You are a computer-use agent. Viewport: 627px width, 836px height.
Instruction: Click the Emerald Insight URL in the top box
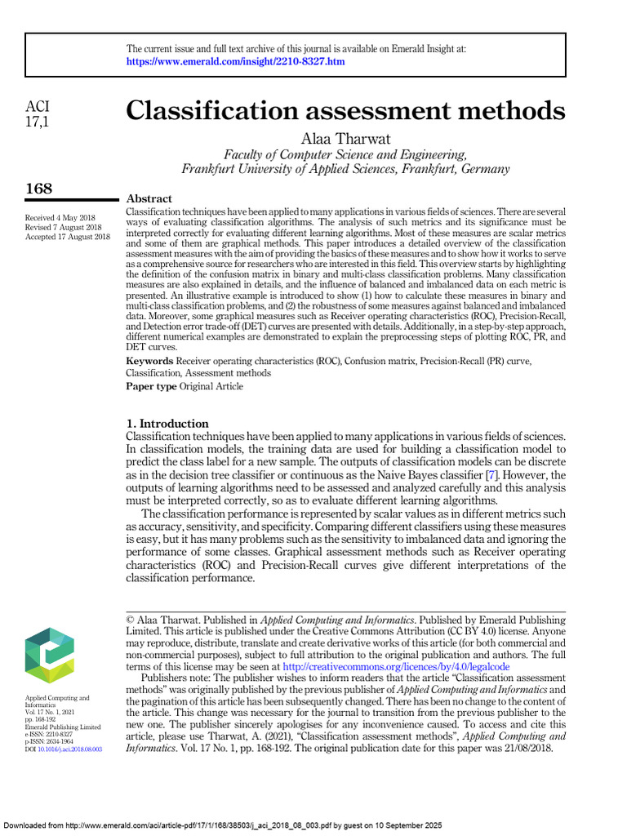click(x=236, y=62)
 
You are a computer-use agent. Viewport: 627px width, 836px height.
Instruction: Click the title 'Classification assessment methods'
click(x=345, y=110)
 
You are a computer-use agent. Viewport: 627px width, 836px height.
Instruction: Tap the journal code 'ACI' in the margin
click(x=38, y=107)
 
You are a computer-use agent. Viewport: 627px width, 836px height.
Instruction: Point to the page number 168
click(x=39, y=189)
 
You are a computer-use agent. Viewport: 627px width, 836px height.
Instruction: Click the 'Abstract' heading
click(x=149, y=199)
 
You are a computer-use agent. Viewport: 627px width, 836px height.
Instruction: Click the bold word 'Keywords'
click(x=149, y=360)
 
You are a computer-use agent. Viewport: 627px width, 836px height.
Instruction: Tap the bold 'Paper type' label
click(x=151, y=386)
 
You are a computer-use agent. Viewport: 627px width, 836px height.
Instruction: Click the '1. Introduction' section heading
click(x=167, y=424)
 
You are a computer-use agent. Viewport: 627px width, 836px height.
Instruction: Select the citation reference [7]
click(x=491, y=474)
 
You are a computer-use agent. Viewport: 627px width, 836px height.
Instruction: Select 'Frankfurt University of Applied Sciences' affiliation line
click(x=345, y=169)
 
